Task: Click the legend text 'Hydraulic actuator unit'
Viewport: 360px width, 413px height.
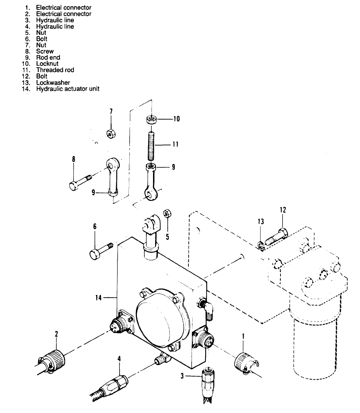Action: pyautogui.click(x=68, y=89)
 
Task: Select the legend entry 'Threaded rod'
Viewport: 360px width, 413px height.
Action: pyautogui.click(x=55, y=70)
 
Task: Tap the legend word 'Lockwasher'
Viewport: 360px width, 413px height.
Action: pyautogui.click(x=53, y=82)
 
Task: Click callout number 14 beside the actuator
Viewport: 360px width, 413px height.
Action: pyautogui.click(x=99, y=298)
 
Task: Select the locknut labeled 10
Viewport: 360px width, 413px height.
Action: pyautogui.click(x=151, y=120)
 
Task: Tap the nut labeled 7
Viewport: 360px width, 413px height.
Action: pyautogui.click(x=111, y=133)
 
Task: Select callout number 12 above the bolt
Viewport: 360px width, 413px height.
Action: pyautogui.click(x=283, y=210)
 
